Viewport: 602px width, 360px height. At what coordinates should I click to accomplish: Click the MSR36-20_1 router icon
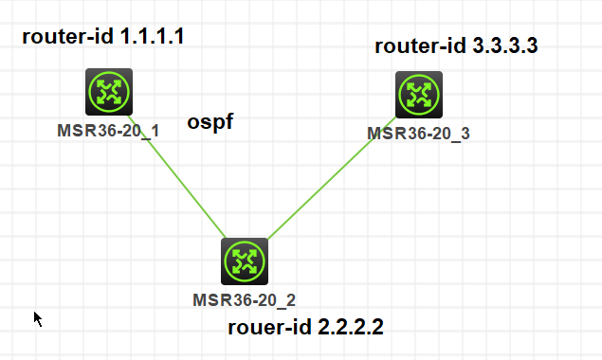108,92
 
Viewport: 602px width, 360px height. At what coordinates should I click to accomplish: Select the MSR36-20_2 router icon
245,261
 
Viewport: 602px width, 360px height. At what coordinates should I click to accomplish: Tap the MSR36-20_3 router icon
418,95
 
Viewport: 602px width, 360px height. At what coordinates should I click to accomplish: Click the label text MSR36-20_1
108,130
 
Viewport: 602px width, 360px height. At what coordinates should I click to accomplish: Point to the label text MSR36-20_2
245,300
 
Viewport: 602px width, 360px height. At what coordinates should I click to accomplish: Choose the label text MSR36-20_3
418,134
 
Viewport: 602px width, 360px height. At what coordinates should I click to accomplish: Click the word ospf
210,122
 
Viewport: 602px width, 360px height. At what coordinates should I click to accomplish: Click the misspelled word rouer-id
266,328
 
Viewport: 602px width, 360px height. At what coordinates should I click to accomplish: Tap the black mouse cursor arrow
38,318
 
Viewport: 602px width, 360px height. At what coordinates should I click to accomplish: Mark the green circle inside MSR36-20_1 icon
108,92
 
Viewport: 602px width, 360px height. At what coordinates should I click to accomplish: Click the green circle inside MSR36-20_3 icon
418,95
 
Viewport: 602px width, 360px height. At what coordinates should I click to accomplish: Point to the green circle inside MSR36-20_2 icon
245,261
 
